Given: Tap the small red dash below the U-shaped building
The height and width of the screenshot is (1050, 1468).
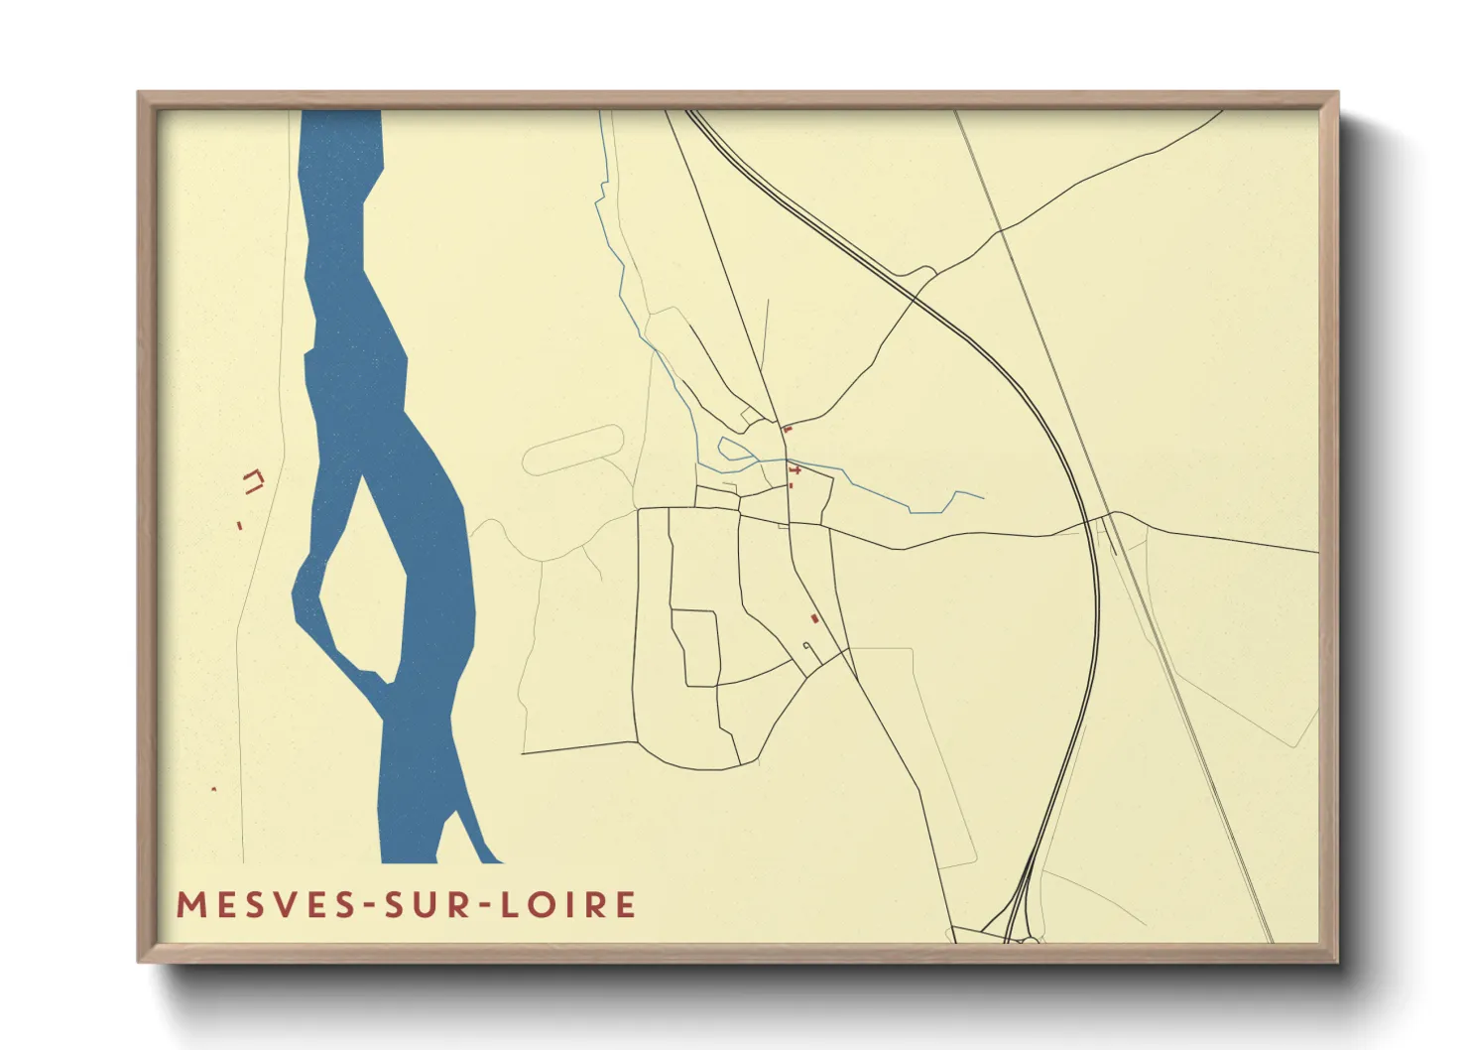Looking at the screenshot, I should click(x=240, y=526).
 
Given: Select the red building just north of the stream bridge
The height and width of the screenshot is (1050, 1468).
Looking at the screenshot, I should click(x=787, y=430).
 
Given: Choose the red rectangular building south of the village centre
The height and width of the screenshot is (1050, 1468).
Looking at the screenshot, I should click(x=814, y=618).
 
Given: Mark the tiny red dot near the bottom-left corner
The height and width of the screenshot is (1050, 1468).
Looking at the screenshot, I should click(x=213, y=789).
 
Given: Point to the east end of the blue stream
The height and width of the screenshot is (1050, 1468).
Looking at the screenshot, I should click(x=982, y=497).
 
